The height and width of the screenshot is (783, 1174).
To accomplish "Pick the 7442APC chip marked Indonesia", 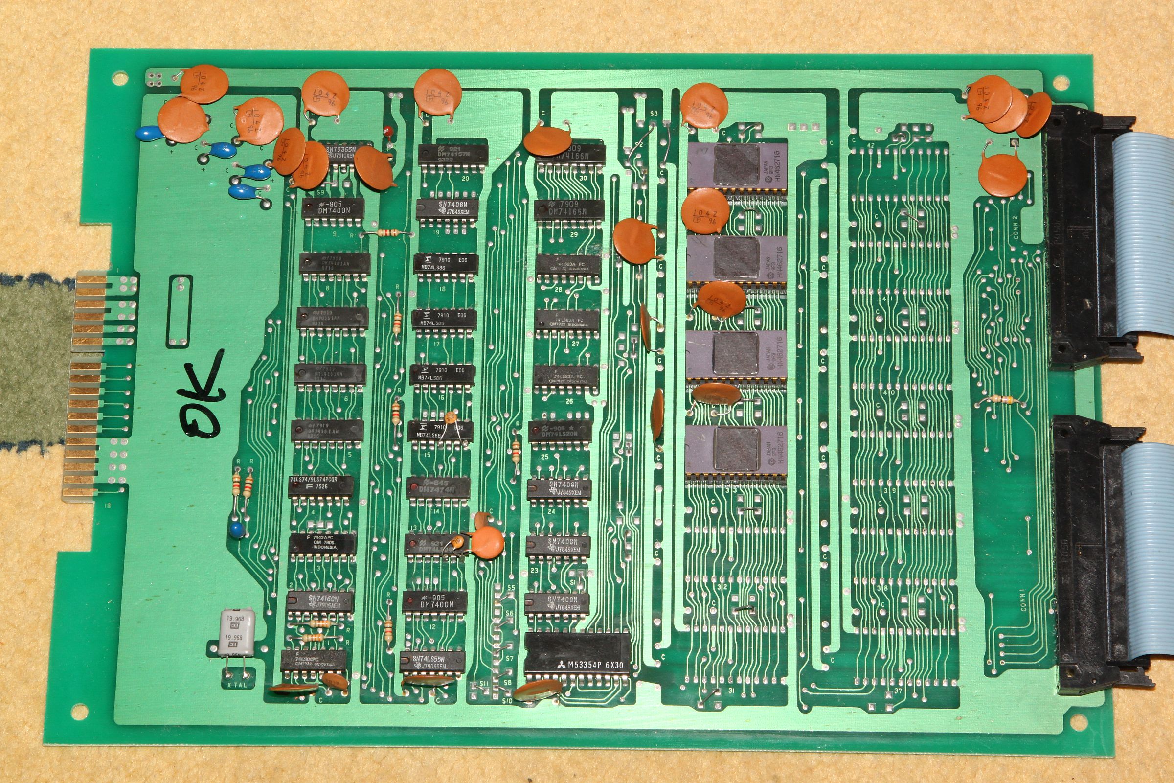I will point(322,544).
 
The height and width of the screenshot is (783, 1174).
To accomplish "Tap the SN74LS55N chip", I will point(432,662).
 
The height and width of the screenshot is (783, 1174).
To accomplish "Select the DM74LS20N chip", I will point(560,431).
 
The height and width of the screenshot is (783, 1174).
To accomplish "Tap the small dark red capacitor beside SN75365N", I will point(387,131).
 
